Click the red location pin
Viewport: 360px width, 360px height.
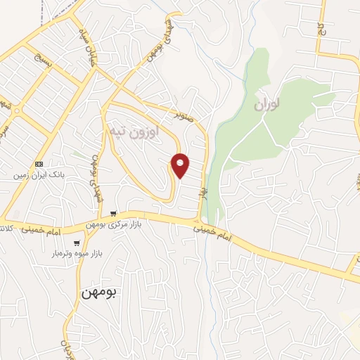point(181,166)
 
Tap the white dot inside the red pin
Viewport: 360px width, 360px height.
point(181,163)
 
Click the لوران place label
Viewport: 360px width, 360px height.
point(267,106)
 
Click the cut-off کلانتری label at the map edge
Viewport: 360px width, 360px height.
point(6,229)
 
